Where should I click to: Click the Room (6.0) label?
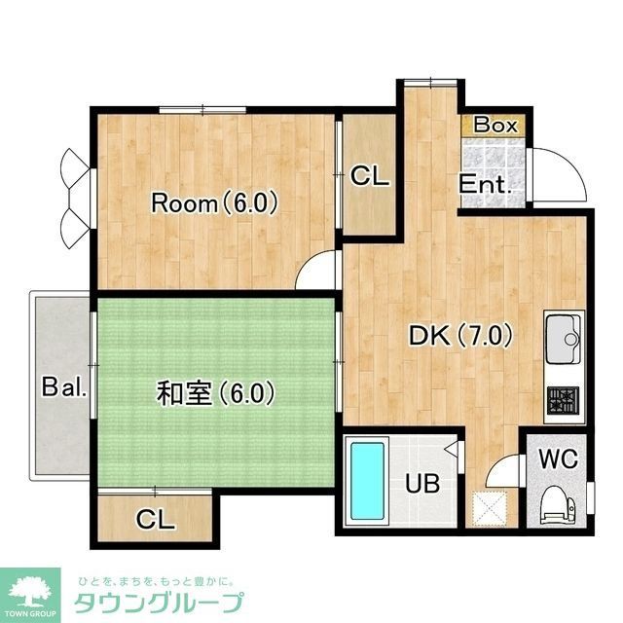[215, 203]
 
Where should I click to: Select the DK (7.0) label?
[460, 336]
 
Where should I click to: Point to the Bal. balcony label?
[65, 387]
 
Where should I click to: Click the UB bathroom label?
[421, 482]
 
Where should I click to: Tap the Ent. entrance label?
[486, 184]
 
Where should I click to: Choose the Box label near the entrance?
[495, 126]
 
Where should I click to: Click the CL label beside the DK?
[370, 177]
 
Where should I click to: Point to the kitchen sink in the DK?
[563, 338]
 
